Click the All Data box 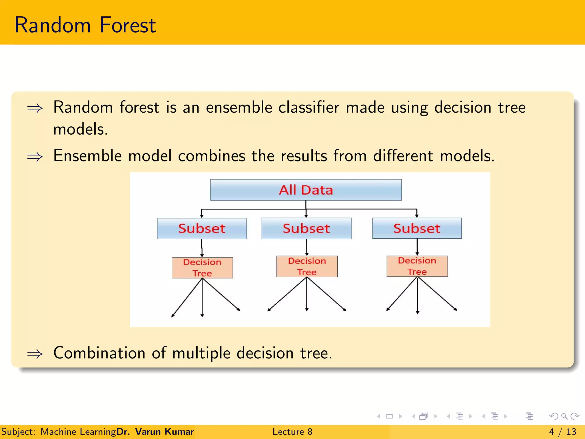[306, 190]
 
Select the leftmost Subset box [202, 228]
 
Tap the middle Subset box [306, 228]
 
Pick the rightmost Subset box [417, 228]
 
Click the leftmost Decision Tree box [202, 268]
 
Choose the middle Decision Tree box [307, 266]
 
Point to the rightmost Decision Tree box [417, 266]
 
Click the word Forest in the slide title [128, 25]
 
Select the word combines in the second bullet [211, 156]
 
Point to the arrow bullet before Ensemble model [35, 157]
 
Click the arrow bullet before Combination [35, 354]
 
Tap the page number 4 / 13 [562, 432]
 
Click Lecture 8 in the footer [292, 432]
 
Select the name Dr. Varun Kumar [155, 432]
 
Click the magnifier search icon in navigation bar [564, 416]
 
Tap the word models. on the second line [81, 129]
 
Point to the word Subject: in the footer [18, 432]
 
